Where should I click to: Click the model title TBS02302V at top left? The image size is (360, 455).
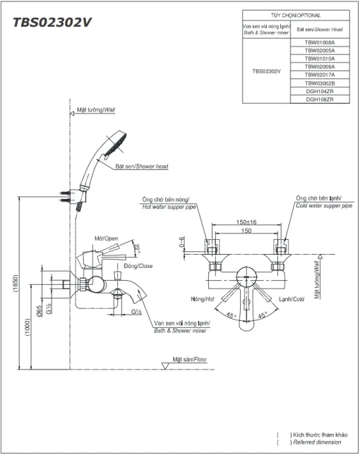(x=52, y=23)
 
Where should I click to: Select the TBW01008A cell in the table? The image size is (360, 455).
(x=320, y=42)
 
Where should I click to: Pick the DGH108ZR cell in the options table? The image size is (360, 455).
(x=320, y=99)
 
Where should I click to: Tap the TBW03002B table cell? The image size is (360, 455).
(x=320, y=83)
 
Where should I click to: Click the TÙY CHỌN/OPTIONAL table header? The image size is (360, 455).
(x=296, y=16)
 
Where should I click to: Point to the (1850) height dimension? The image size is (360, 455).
(x=16, y=283)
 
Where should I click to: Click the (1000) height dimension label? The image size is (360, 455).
(x=28, y=327)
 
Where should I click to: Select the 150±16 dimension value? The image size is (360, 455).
(x=246, y=222)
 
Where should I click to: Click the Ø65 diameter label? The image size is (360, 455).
(x=40, y=310)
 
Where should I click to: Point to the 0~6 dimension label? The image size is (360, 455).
(x=181, y=242)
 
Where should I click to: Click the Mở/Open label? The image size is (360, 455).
(x=107, y=238)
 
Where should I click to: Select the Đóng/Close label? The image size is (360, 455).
(x=138, y=266)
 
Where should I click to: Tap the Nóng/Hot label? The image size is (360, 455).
(x=203, y=299)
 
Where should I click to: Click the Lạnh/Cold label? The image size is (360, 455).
(x=292, y=299)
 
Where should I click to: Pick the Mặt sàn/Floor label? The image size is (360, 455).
(x=190, y=359)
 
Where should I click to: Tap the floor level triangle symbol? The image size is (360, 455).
(x=165, y=366)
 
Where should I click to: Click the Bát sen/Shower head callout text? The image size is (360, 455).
(x=142, y=166)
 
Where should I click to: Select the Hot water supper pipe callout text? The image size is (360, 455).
(x=169, y=207)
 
